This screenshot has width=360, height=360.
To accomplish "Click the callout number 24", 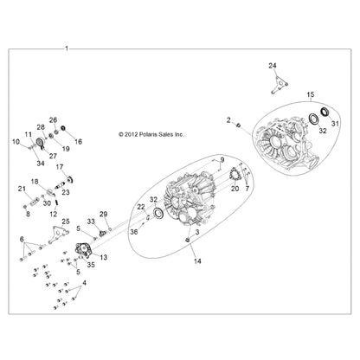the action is (273, 66).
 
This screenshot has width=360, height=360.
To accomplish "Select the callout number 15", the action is (311, 94).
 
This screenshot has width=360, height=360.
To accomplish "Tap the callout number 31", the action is (335, 124).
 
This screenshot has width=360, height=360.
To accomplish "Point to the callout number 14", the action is (197, 261).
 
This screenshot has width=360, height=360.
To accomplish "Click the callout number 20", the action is (235, 189).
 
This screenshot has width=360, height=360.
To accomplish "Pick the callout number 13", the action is (103, 257).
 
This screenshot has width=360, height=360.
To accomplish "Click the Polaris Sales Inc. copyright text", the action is (151, 134).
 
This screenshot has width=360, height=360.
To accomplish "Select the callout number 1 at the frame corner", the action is (67, 48).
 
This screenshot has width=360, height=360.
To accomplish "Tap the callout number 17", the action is (60, 167).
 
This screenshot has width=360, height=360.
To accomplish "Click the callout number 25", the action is (66, 222).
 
